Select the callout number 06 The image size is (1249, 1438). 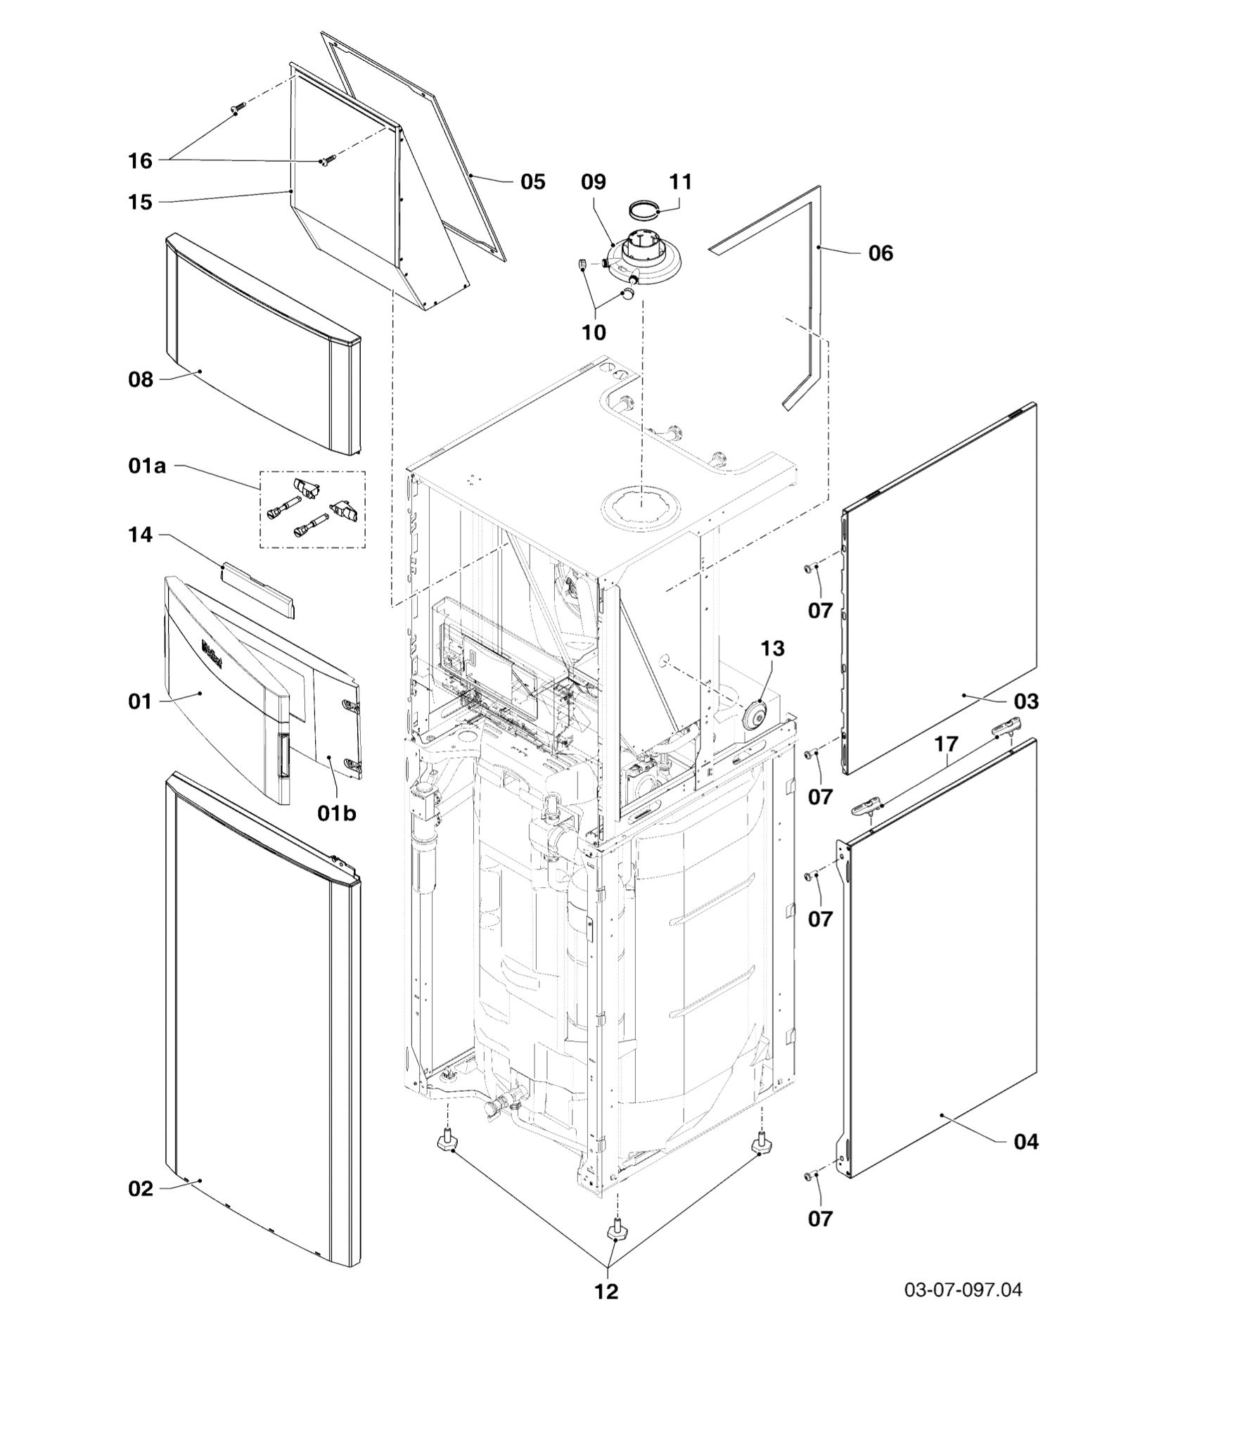880,253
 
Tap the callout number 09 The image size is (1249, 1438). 593,182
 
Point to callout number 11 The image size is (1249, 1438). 680,182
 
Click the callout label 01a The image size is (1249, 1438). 148,466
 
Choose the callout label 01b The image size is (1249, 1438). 337,813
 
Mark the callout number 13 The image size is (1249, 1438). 772,648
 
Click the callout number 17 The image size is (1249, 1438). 947,744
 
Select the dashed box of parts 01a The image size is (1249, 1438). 312,509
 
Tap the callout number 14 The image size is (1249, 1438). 141,535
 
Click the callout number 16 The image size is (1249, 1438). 141,161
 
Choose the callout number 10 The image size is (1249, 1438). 594,332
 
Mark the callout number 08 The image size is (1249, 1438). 141,380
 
